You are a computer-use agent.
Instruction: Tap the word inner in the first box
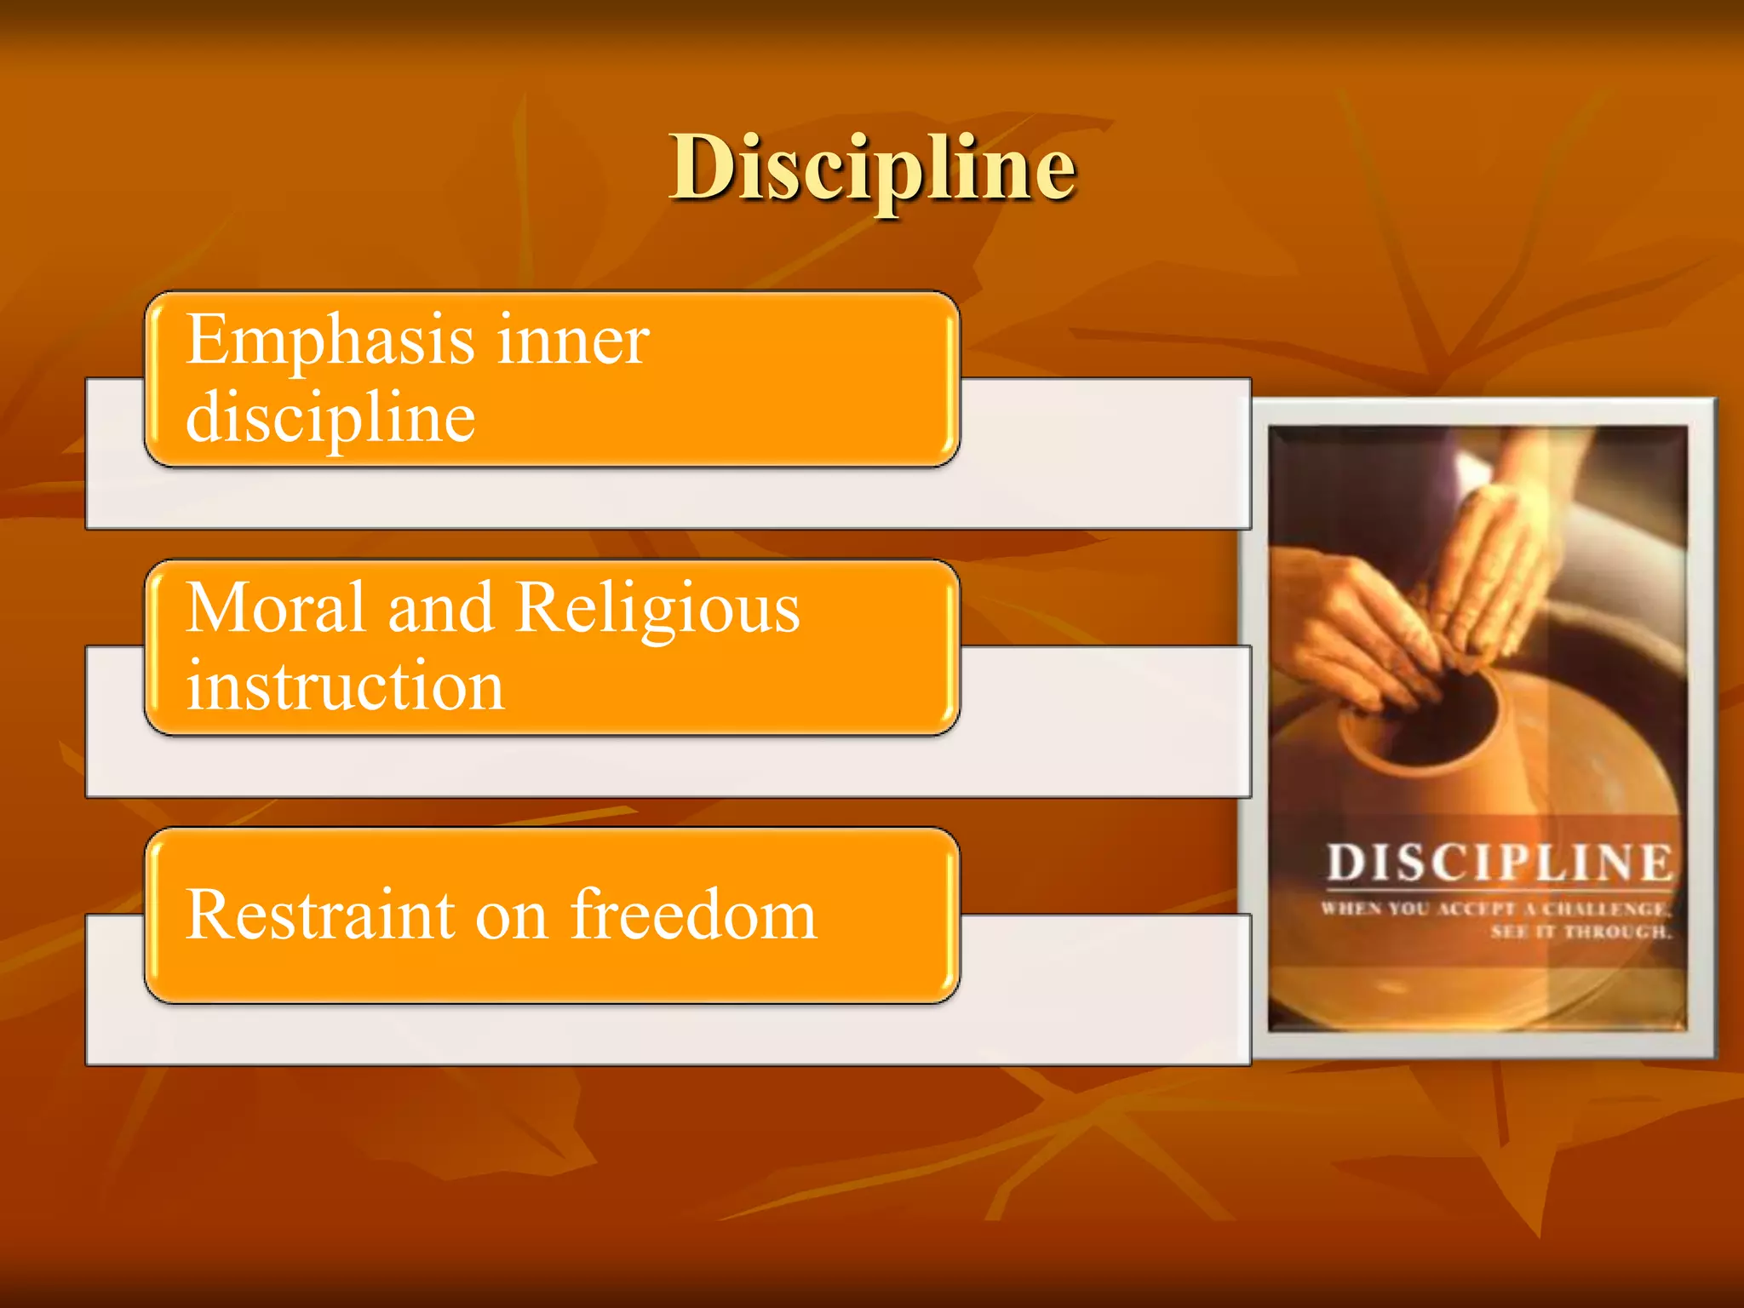(572, 341)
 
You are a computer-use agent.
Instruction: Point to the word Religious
(657, 610)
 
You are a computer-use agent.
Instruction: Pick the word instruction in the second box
(345, 686)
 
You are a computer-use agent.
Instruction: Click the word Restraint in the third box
(320, 915)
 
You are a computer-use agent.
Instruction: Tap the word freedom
(693, 915)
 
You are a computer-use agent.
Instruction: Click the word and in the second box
(440, 608)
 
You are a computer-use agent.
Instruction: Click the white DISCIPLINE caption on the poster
(1499, 862)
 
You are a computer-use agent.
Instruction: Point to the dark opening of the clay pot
(1439, 715)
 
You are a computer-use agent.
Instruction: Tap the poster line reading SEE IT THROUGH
(1580, 932)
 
